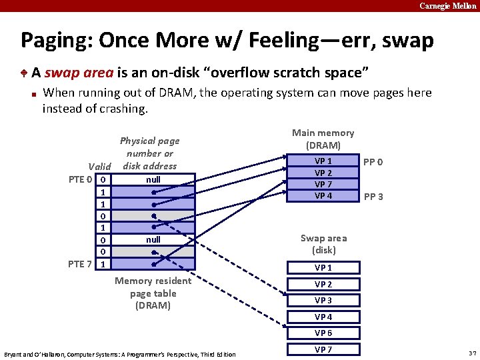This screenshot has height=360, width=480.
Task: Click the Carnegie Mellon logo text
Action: click(448, 5)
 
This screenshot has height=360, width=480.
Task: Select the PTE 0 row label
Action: click(81, 179)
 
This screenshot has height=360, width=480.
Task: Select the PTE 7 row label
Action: click(81, 264)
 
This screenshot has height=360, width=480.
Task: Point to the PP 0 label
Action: click(373, 162)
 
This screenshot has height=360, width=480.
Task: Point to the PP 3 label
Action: click(373, 197)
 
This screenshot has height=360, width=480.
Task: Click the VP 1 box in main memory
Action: click(323, 161)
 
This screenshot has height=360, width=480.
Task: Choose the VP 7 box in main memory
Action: click(323, 184)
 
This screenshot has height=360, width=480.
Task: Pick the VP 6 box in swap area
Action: click(323, 333)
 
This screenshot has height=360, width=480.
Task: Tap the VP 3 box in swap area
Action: click(323, 301)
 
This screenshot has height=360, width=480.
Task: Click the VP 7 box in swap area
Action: click(323, 349)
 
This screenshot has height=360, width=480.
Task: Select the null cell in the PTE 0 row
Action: click(153, 179)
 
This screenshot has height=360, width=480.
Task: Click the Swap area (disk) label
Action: click(323, 244)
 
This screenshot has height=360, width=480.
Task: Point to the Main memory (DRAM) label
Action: click(323, 139)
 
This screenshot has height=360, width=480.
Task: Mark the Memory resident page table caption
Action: click(153, 293)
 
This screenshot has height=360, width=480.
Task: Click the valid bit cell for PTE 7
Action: click(102, 264)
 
